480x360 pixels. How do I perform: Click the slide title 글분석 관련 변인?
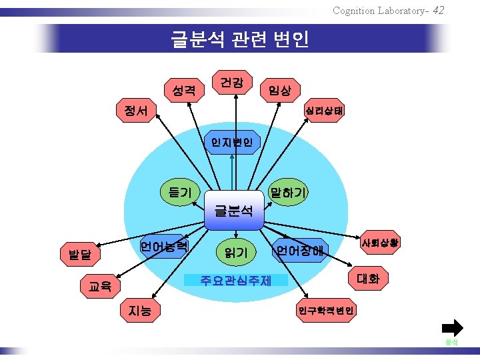click(x=240, y=39)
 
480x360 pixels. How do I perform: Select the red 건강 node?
click(x=231, y=83)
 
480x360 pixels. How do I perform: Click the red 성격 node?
click(x=183, y=89)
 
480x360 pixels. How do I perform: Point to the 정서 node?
click(x=135, y=111)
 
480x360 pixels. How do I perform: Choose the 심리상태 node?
click(x=323, y=110)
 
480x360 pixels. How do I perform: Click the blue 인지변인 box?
click(x=231, y=141)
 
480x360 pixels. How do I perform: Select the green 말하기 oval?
click(x=287, y=193)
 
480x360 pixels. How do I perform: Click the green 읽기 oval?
click(x=236, y=252)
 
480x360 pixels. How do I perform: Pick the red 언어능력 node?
click(x=164, y=246)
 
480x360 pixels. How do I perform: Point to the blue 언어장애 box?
click(x=300, y=251)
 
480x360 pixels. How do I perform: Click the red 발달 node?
click(x=80, y=254)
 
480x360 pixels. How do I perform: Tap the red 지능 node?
click(x=139, y=309)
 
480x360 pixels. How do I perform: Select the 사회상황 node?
click(x=380, y=243)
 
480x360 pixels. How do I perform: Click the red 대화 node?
click(x=368, y=279)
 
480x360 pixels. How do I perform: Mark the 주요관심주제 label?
click(x=235, y=280)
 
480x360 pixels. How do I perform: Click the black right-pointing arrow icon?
click(x=452, y=328)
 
